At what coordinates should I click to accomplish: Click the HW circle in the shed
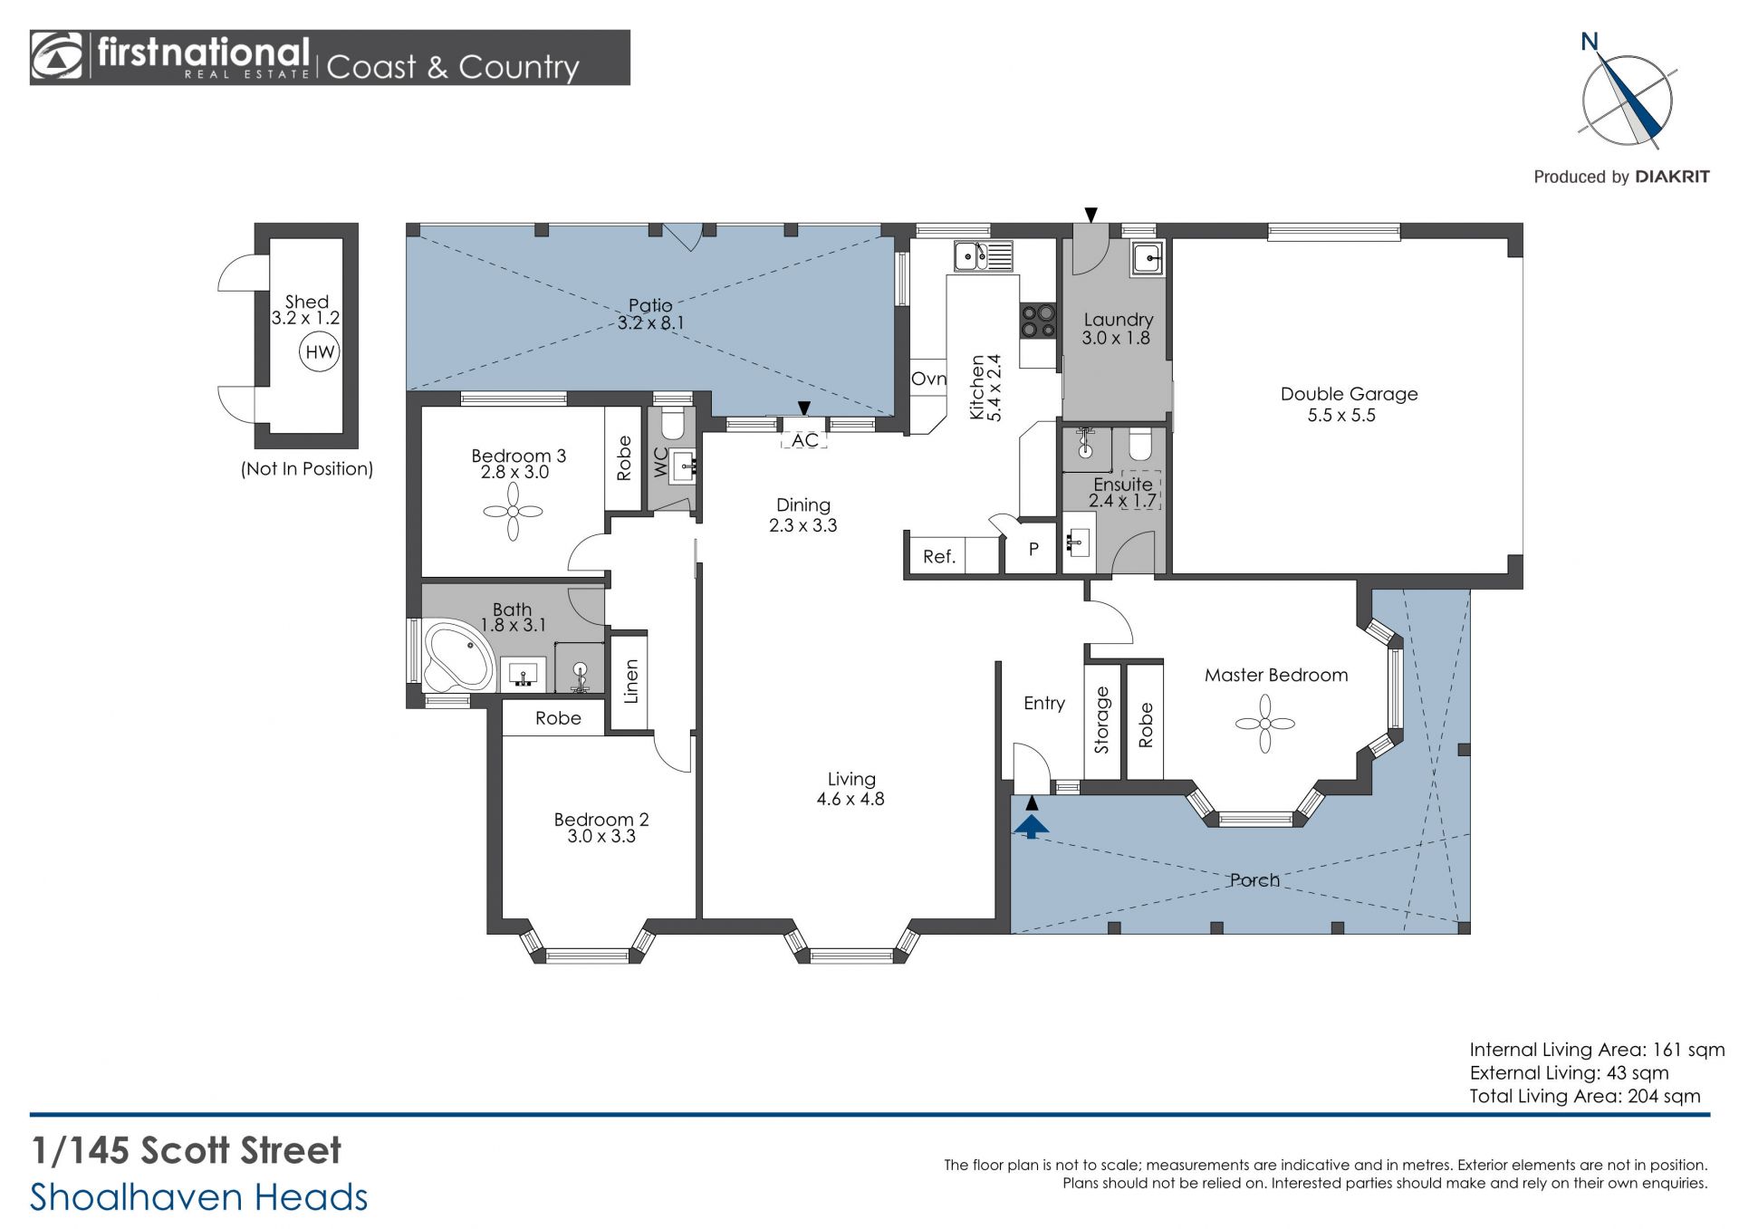(x=320, y=352)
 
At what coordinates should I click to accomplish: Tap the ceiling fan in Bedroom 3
(x=513, y=512)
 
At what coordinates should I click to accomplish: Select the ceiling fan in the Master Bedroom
(x=1265, y=723)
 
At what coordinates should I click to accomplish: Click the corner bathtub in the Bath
(x=457, y=655)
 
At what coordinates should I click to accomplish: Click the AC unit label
(x=804, y=440)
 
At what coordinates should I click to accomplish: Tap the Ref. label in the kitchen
(x=939, y=557)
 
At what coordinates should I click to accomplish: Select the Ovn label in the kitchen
(x=928, y=379)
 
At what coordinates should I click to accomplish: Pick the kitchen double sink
(x=984, y=256)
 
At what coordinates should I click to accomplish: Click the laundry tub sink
(x=1148, y=260)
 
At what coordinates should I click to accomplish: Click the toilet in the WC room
(x=672, y=422)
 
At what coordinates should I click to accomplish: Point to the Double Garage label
(x=1349, y=394)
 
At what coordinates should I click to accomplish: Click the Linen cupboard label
(x=631, y=681)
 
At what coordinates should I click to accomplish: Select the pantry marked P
(x=1032, y=548)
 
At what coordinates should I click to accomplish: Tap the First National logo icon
(x=57, y=57)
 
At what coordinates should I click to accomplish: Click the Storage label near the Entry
(x=1102, y=720)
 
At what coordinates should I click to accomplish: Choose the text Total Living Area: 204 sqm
(x=1585, y=1096)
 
